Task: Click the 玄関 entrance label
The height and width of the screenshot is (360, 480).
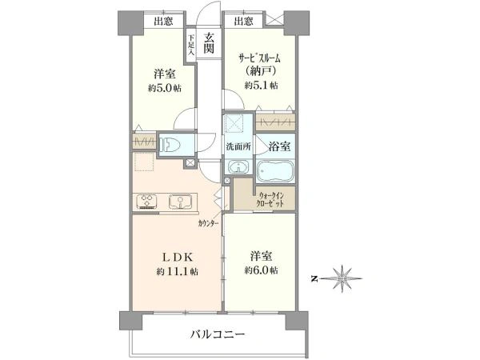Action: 209,43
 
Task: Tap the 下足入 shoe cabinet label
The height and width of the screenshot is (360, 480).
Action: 191,45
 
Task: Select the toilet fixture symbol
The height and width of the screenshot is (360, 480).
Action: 168,145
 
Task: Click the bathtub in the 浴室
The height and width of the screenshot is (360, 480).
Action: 275,171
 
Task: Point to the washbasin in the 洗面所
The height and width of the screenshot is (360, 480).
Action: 238,167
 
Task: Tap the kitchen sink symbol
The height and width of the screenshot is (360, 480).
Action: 180,202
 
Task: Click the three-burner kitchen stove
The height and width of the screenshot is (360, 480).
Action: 147,202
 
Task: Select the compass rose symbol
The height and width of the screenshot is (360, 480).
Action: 342,278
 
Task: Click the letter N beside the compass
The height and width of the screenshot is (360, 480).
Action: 314,279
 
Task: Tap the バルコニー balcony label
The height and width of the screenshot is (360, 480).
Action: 218,334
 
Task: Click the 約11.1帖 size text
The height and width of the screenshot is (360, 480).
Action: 178,271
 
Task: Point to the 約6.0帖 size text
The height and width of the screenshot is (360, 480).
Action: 261,270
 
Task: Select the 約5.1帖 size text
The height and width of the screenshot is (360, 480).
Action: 261,86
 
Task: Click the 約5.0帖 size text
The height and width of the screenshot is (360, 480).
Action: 165,88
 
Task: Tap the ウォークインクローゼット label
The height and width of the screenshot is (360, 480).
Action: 271,199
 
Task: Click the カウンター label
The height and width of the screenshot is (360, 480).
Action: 208,223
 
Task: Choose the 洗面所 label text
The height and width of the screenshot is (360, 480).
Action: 238,146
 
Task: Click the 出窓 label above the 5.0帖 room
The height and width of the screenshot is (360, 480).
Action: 163,21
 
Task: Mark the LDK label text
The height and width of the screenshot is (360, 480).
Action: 178,258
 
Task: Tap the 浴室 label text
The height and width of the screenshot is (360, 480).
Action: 279,146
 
